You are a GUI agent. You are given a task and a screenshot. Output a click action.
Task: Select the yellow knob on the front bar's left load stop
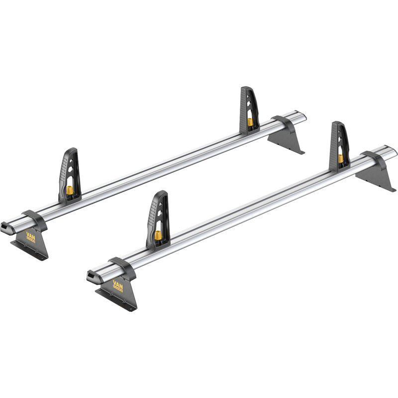point(158,235)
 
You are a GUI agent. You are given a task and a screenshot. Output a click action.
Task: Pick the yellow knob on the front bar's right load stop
point(341,158)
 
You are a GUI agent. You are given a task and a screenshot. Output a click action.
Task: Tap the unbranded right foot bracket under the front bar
point(377,177)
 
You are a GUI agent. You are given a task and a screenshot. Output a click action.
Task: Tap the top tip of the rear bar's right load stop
point(246,88)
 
